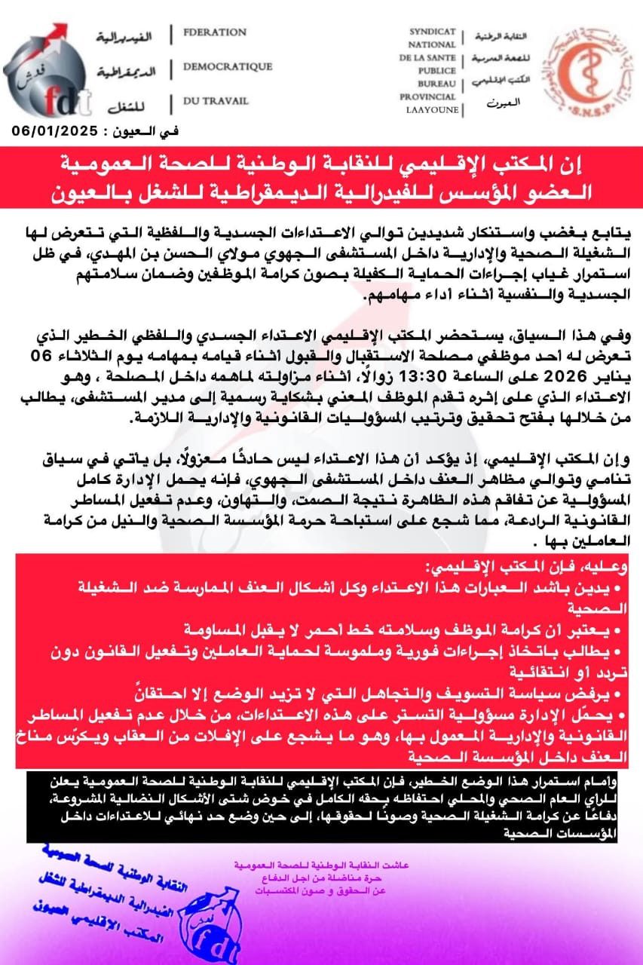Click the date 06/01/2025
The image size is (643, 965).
(54, 130)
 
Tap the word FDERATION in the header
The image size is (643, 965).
(215, 32)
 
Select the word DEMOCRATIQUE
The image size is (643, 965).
(228, 66)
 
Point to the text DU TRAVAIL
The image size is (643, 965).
(214, 100)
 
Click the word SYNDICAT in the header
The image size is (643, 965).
(433, 32)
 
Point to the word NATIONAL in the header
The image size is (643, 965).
(433, 44)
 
